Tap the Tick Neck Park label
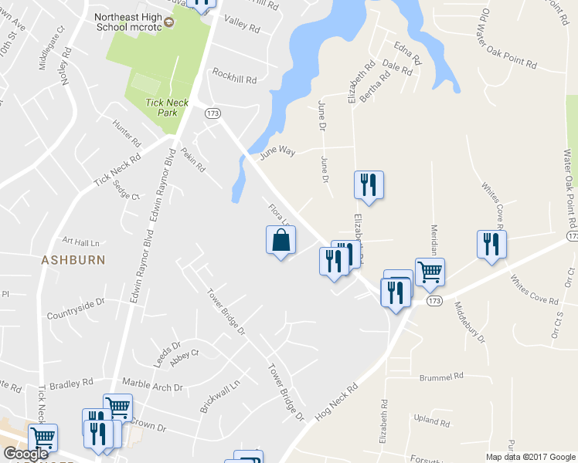[x=162, y=107]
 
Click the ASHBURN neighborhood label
[x=73, y=260]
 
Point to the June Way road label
[x=277, y=152]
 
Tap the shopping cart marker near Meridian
[x=430, y=272]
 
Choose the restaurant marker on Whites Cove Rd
[x=491, y=245]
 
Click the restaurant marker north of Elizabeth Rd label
[x=369, y=185]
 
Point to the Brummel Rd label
[x=440, y=377]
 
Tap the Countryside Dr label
[x=75, y=306]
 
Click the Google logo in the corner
[x=26, y=453]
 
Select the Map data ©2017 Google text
[x=530, y=457]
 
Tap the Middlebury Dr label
[x=470, y=323]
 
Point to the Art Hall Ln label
[x=81, y=242]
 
